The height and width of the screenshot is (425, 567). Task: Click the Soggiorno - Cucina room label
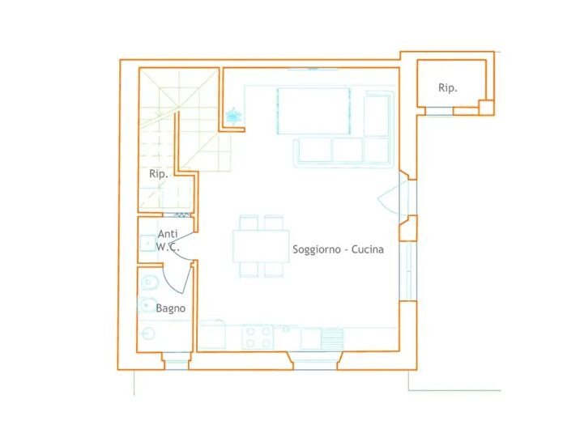338,249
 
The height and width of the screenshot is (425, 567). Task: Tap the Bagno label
171,308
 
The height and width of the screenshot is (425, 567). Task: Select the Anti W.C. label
168,240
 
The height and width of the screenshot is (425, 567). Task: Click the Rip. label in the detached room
448,87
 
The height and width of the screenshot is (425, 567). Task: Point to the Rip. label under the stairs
159,174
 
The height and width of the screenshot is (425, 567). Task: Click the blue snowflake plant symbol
233,116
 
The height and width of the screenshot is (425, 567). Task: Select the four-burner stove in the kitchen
258,337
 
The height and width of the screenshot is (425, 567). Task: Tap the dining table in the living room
261,246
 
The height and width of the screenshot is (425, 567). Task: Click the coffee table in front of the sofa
313,111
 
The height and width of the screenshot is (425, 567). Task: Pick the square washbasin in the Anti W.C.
147,243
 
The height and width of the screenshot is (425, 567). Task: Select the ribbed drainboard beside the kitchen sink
331,338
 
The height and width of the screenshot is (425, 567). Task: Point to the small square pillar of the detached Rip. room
486,108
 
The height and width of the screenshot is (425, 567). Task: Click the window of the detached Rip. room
439,111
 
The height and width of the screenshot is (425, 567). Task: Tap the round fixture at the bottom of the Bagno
148,334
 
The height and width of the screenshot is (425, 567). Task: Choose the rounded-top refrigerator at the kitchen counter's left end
212,334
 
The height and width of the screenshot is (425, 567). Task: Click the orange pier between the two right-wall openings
408,228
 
